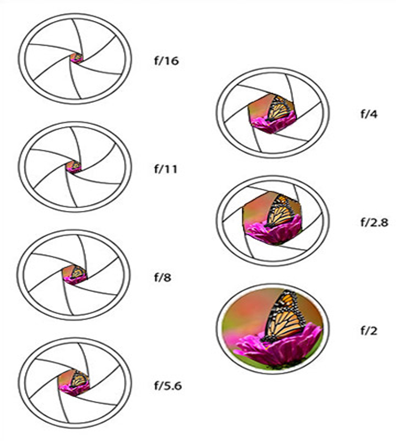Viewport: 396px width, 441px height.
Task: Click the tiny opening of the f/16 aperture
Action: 77,58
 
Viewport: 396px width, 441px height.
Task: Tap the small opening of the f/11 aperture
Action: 75,167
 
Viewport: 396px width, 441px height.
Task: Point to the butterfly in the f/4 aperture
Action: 279,108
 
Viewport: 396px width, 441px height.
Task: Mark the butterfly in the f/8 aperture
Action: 78,272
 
